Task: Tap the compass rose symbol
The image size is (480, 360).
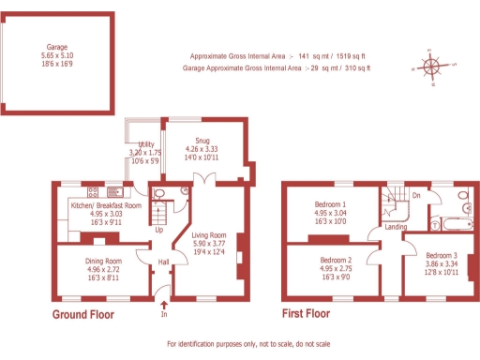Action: [x=430, y=67]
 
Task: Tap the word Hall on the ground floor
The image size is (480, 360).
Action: [x=163, y=262]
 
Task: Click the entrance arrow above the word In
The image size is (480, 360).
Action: [x=166, y=303]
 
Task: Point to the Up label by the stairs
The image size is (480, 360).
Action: [x=158, y=230]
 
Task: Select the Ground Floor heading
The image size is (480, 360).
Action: [x=82, y=315]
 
